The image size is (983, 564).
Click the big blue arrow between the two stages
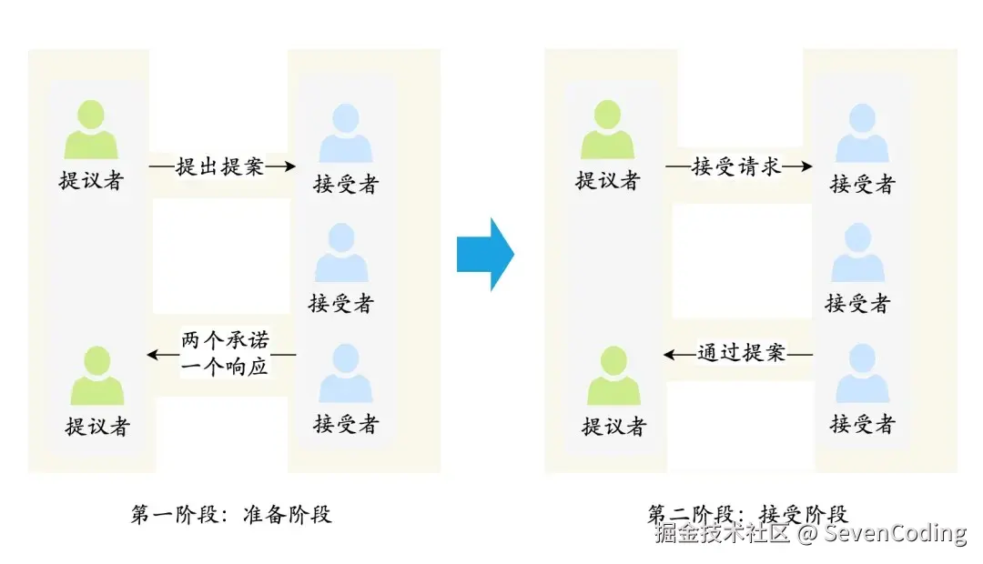485,254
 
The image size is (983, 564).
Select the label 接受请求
736,167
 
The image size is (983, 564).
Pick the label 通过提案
741,353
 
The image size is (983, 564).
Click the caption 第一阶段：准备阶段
232,514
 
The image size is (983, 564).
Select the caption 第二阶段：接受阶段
748,514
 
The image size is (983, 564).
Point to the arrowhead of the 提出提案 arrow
289,166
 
